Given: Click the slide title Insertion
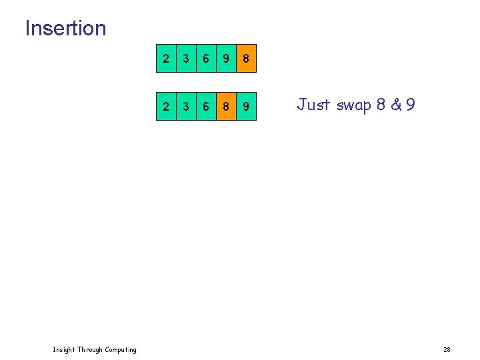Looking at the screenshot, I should [65, 29].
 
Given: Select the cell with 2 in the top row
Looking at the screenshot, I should [166, 59].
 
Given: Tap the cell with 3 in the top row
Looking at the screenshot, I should [186, 59].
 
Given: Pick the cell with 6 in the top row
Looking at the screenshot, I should [206, 59].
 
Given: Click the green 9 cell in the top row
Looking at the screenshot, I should [226, 59].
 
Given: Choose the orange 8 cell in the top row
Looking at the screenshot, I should [246, 59].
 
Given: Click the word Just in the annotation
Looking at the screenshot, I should [313, 105].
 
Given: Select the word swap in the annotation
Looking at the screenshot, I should [354, 105].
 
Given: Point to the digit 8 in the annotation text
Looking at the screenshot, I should [382, 105].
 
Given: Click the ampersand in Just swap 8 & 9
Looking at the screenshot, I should [395, 105].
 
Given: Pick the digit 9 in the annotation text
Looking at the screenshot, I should [410, 105].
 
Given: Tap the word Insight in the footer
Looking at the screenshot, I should [64, 350].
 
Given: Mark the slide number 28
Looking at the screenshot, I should [447, 350].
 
